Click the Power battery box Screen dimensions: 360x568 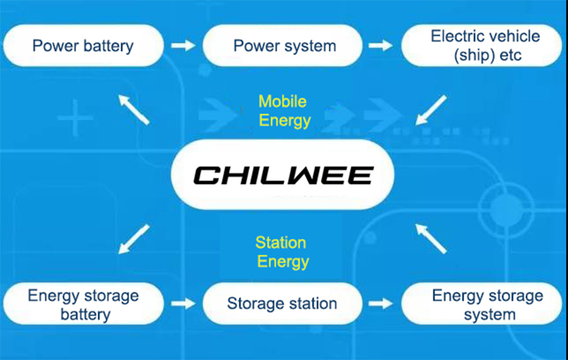click(x=83, y=46)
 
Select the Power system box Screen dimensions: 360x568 click(x=284, y=46)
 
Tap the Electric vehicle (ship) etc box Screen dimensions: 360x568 click(x=486, y=45)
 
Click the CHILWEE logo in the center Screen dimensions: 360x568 click(x=284, y=174)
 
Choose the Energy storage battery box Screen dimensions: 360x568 click(x=83, y=304)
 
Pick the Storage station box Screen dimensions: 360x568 click(x=282, y=304)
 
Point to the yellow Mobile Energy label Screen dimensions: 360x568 click(x=284, y=110)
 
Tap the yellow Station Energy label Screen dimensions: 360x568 click(x=283, y=252)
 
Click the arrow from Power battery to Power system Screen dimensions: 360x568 click(x=184, y=45)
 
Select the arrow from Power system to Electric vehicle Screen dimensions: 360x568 click(x=383, y=45)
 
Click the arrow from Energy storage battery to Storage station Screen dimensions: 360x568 click(x=184, y=303)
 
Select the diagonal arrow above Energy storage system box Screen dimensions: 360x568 click(x=432, y=238)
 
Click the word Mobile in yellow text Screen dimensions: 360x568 click(x=282, y=101)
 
